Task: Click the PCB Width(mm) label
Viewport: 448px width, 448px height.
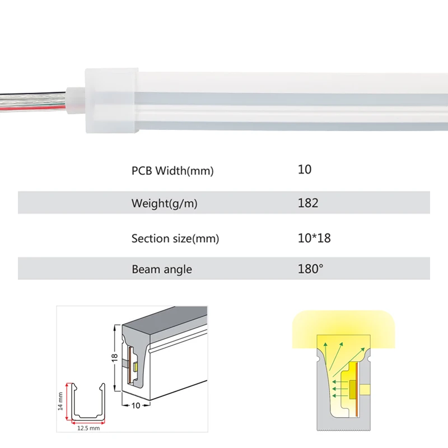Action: point(172,171)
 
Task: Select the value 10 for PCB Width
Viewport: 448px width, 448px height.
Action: point(305,169)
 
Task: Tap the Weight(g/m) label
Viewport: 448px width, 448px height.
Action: point(165,203)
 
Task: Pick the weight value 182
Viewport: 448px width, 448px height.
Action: point(308,203)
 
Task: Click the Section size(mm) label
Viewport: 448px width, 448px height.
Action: point(175,239)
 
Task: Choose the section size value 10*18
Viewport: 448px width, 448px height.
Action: point(314,238)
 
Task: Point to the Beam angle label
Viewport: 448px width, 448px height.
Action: point(162,269)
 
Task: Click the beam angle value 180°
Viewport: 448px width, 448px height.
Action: point(311,269)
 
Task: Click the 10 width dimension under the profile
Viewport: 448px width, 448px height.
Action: point(134,406)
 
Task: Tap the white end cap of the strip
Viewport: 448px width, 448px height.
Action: point(111,101)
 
